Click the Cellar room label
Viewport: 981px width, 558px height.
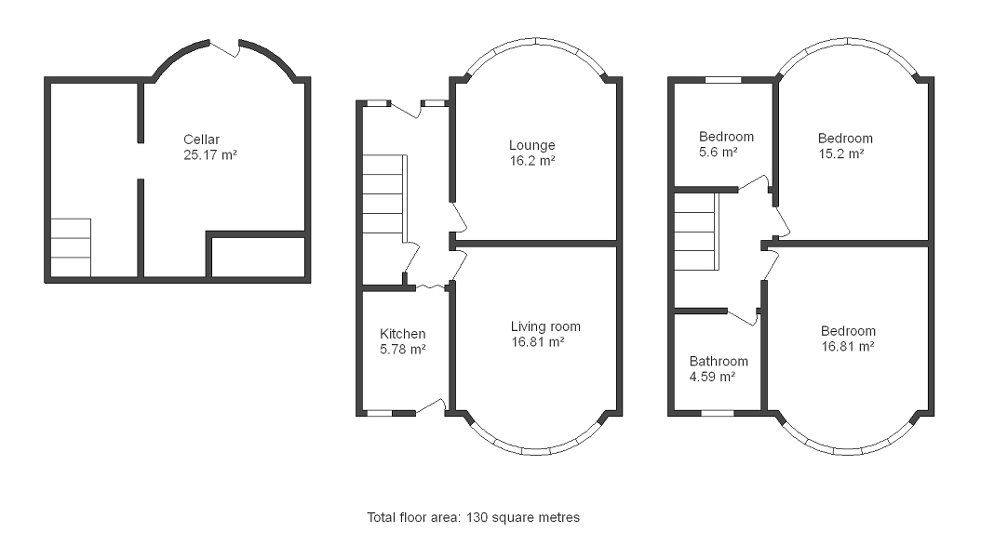coord(201,139)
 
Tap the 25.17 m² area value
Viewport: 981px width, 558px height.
coord(210,155)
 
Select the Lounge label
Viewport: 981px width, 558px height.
coord(531,146)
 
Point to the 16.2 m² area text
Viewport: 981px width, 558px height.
coord(532,161)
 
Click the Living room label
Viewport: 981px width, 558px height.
coord(545,326)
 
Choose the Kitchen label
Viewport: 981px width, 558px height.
coord(402,334)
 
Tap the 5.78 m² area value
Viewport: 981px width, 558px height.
coord(403,350)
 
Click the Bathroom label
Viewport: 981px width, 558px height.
coord(719,361)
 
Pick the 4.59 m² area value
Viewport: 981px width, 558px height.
coord(712,377)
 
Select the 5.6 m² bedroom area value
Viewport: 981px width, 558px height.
coord(718,152)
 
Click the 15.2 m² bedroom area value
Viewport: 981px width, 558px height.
coord(841,153)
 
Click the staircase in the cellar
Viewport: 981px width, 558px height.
coord(71,247)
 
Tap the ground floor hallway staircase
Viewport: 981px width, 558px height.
coord(384,194)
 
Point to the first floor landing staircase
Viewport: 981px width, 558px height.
coord(697,232)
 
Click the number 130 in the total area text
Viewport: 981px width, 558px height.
coord(477,517)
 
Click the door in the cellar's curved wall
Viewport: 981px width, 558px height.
coord(224,47)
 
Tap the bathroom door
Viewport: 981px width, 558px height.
coord(744,317)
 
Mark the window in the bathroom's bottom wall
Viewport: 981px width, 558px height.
coord(718,413)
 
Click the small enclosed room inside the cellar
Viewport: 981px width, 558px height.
coord(259,257)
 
